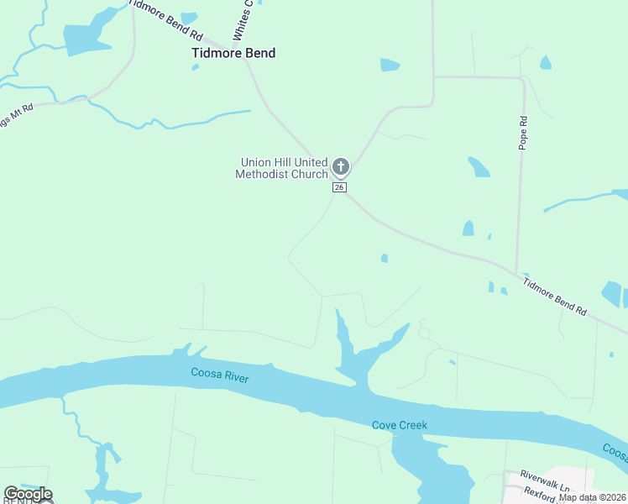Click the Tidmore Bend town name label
tap(233, 53)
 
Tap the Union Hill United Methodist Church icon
tap(340, 165)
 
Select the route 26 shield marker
tap(339, 187)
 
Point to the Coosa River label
tap(220, 375)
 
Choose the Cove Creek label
tap(400, 425)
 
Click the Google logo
tap(28, 494)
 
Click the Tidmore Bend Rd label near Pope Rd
tap(554, 296)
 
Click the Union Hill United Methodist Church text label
tap(282, 168)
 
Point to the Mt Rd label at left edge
tap(17, 116)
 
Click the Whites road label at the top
tap(243, 21)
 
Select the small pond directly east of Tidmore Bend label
tap(390, 65)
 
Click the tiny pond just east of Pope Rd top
tap(546, 62)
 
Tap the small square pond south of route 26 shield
tap(385, 259)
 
